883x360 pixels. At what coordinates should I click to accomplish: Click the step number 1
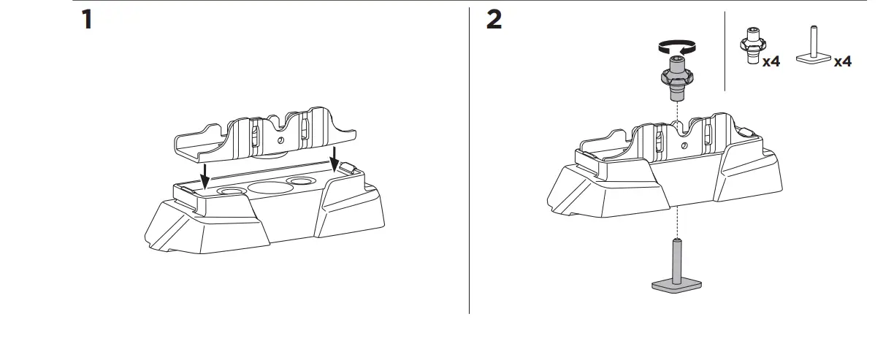[x=87, y=20]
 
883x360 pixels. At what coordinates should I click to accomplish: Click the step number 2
[x=494, y=20]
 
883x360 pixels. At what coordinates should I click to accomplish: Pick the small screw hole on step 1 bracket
[x=280, y=140]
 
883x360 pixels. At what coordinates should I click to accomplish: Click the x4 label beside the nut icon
[x=771, y=62]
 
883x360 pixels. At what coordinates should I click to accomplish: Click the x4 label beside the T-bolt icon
[x=843, y=62]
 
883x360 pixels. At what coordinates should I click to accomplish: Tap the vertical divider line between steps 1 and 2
[x=469, y=161]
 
